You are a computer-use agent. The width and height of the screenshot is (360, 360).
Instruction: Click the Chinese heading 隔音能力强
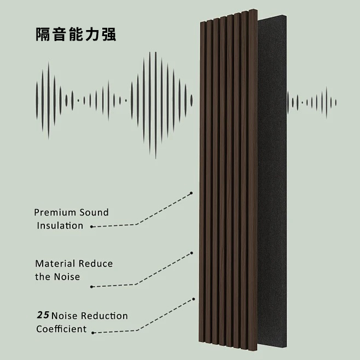[x=76, y=34]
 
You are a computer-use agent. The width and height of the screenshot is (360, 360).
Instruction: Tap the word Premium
[x=55, y=212]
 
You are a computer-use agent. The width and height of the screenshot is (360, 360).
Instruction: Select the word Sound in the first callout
[x=94, y=212]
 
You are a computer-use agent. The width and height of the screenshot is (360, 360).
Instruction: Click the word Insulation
[x=60, y=226]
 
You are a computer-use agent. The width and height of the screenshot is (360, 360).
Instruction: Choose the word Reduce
[x=96, y=264]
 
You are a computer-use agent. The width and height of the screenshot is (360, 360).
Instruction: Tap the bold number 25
[x=43, y=315]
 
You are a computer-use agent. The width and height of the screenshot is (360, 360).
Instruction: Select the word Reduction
[x=104, y=316]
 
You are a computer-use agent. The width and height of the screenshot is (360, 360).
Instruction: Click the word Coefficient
[x=61, y=329]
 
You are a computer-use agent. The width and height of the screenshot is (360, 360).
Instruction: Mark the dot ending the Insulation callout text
[x=91, y=227]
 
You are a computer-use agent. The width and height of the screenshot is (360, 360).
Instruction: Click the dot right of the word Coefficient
[x=93, y=333]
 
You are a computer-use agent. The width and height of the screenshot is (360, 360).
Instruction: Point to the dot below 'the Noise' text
[x=91, y=287]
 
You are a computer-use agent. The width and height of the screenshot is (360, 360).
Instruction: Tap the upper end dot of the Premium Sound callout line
[x=191, y=193]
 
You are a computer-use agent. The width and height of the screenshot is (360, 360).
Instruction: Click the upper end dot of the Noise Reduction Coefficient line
[x=194, y=299]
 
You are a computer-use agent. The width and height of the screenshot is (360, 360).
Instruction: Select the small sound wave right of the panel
[x=312, y=102]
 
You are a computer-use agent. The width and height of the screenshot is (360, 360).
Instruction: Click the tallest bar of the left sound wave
[x=155, y=105]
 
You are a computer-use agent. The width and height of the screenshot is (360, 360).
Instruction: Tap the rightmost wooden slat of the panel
[x=253, y=180]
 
